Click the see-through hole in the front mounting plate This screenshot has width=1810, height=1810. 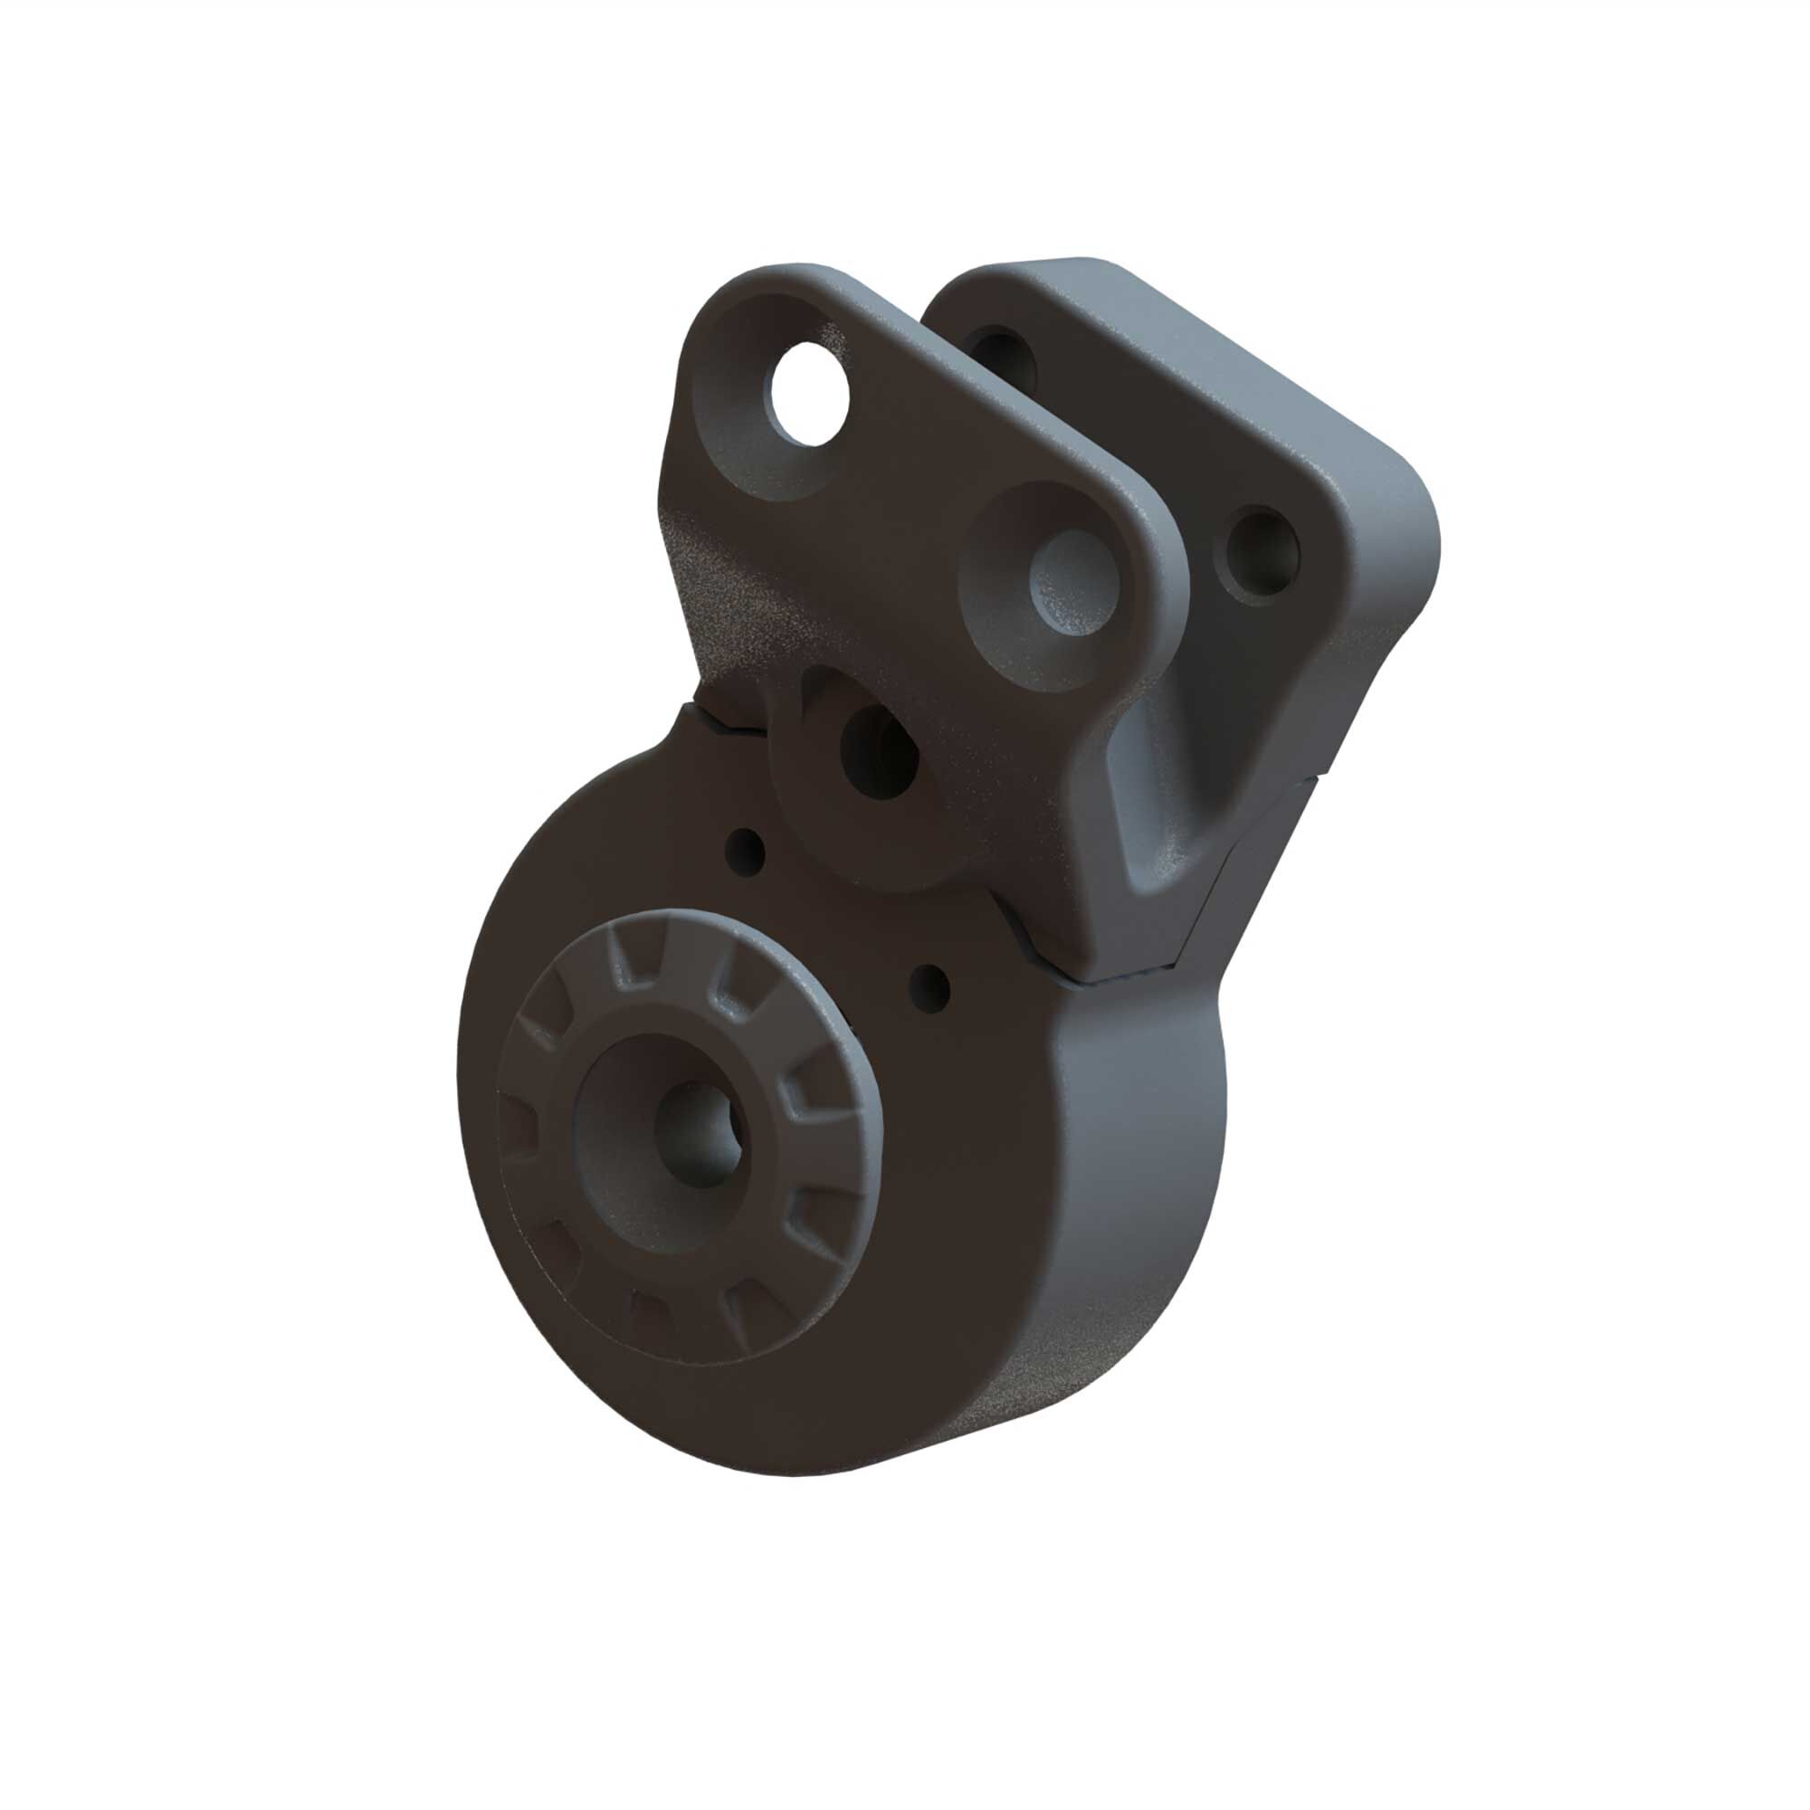[806, 392]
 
